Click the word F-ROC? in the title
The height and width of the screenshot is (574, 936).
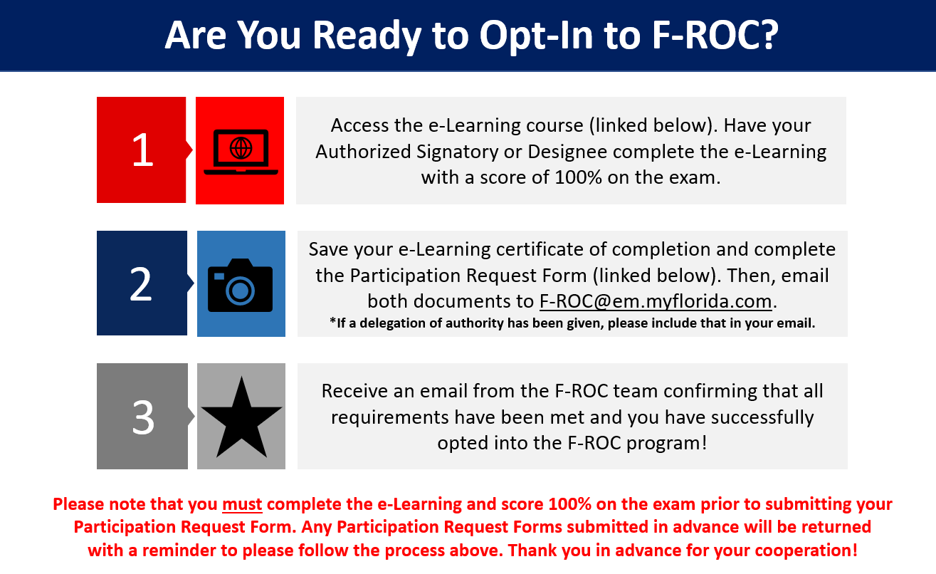tap(715, 35)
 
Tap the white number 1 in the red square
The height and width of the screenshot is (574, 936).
tap(142, 150)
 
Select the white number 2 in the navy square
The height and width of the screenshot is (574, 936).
tap(141, 284)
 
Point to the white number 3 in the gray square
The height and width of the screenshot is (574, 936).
tap(143, 417)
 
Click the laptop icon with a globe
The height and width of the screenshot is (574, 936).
tap(241, 152)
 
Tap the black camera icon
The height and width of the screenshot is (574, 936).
tap(241, 285)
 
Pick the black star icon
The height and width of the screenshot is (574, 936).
tap(241, 417)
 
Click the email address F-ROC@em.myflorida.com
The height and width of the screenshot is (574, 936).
tap(656, 301)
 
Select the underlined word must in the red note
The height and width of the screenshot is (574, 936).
tap(242, 504)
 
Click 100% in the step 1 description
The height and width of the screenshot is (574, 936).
tap(578, 177)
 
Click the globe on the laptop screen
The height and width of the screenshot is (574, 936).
tap(241, 148)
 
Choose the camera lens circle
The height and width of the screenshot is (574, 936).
tap(241, 291)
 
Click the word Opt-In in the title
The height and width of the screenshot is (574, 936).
tap(537, 36)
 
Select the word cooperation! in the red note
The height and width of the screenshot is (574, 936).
tap(806, 550)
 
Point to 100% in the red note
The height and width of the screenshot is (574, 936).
tap(570, 504)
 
